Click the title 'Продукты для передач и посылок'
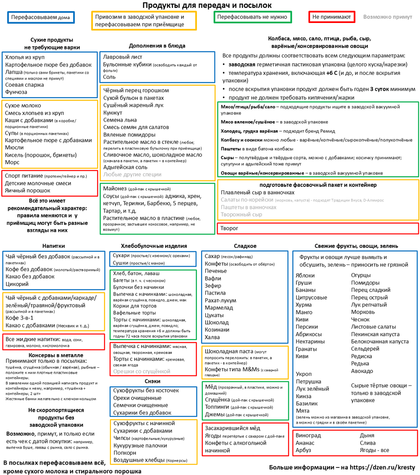coord(207,5)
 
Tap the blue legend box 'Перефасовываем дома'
coord(41,17)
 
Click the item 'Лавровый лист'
coord(123,57)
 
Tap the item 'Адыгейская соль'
coord(125,167)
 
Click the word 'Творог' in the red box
coord(230,228)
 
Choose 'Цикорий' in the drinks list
coord(17,284)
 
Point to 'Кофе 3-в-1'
coord(19,318)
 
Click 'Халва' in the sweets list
coord(212,337)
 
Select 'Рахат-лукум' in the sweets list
coord(220,300)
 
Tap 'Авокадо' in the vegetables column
coord(362,371)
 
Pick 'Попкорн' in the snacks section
coord(125,452)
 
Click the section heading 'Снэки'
coord(152,381)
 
